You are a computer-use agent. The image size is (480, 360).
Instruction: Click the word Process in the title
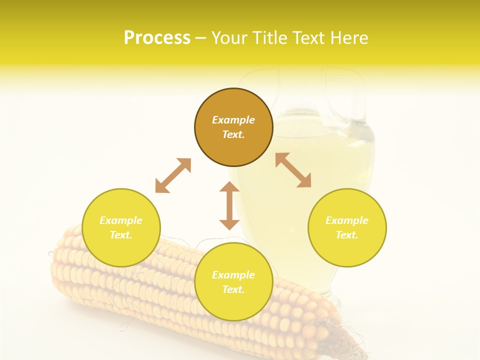point(157,38)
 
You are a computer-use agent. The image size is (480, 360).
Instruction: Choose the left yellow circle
point(121,227)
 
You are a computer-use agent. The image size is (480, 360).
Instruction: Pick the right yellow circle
point(347,227)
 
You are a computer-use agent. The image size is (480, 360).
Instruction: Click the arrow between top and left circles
point(173,175)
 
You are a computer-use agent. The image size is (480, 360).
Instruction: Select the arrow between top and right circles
point(293,170)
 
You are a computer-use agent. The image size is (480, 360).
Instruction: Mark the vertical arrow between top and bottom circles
point(229,205)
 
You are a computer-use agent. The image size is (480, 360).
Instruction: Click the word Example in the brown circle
point(233,120)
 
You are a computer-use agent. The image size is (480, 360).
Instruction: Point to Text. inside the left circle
point(121,235)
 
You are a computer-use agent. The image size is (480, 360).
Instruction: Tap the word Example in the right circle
point(347,220)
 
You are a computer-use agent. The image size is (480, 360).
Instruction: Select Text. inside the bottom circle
point(233,289)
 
